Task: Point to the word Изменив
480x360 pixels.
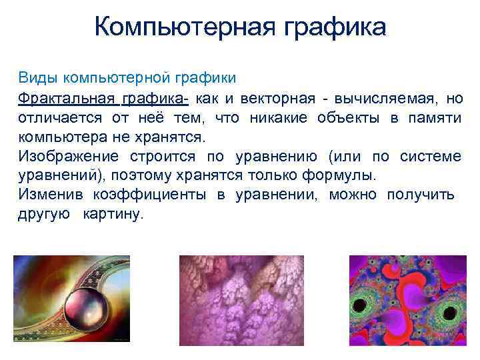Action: [46, 195]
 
